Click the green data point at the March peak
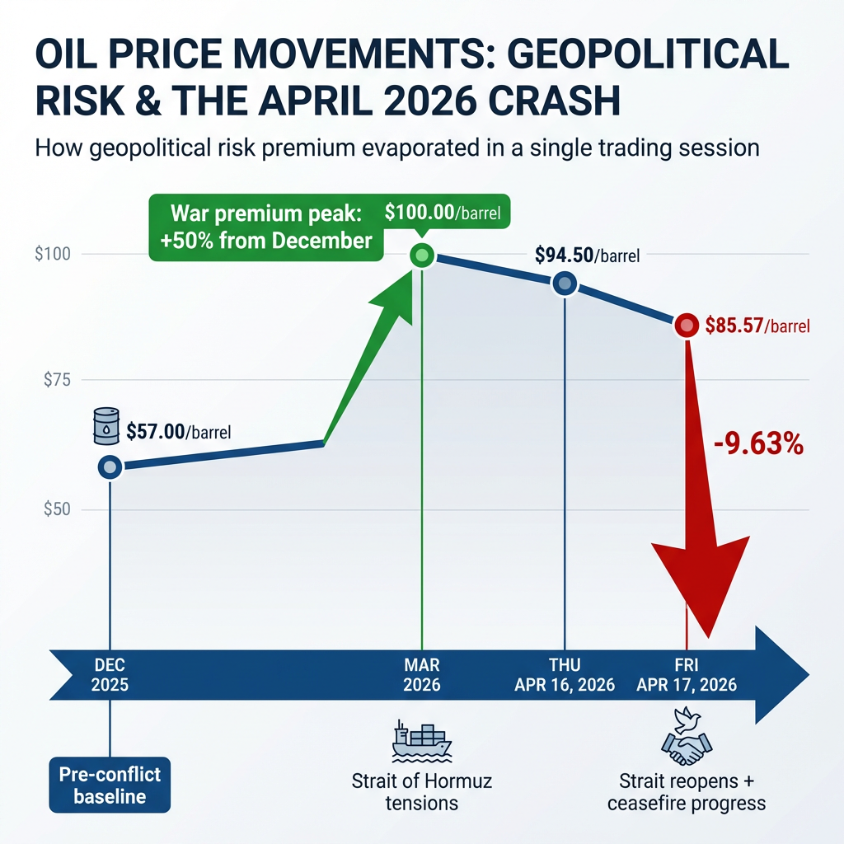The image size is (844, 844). (422, 255)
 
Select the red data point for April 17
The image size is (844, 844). (686, 326)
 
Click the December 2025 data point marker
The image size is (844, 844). (110, 467)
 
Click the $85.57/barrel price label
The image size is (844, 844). (757, 326)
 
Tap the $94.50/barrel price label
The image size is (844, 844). (587, 256)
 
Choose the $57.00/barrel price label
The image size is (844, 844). (178, 430)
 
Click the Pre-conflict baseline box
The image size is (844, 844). (110, 785)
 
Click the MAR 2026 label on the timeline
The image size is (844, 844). (422, 674)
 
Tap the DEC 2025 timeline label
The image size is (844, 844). (110, 674)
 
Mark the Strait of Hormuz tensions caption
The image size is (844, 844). (421, 791)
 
